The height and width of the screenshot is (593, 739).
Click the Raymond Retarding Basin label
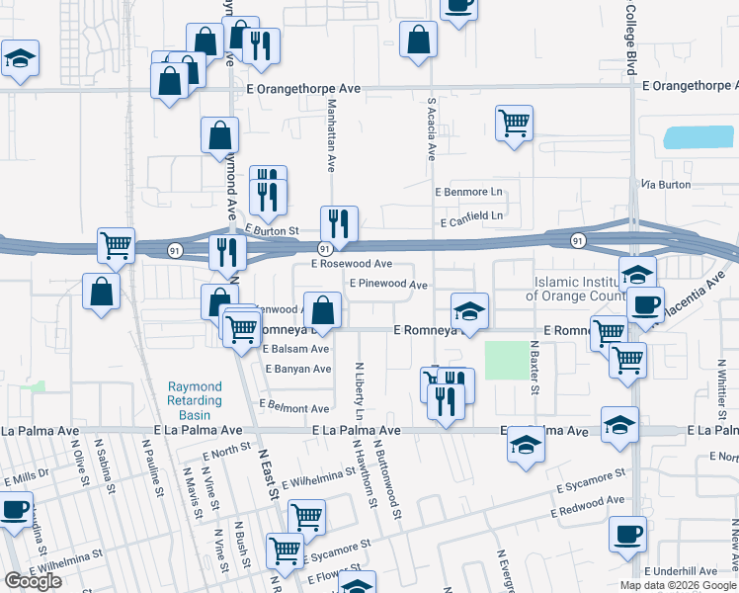tap(194, 401)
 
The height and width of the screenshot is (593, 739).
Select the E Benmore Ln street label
tap(469, 191)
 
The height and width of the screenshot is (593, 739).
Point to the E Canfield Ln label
tap(471, 215)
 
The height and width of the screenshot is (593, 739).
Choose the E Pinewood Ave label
tap(387, 285)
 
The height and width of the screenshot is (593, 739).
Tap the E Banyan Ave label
tap(296, 370)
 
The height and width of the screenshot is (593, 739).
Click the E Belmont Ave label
tap(293, 407)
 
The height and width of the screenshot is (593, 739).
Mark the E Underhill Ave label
tap(680, 571)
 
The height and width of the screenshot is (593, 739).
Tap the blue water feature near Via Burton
tap(698, 137)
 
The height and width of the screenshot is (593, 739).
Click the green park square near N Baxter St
tap(507, 361)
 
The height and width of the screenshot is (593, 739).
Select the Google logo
tap(33, 581)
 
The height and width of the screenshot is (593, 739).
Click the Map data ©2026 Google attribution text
tap(677, 585)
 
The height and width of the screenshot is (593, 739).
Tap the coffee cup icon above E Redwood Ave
tap(628, 535)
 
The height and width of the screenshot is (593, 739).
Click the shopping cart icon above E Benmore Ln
tap(514, 124)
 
